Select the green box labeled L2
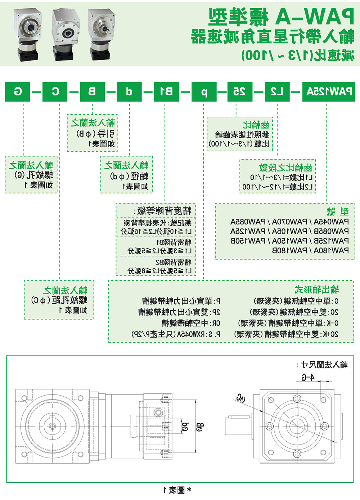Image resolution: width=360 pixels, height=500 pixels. pyautogui.click(x=277, y=92)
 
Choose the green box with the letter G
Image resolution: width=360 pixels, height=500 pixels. pyautogui.click(x=18, y=92)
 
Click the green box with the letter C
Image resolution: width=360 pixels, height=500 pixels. pyautogui.click(x=55, y=92)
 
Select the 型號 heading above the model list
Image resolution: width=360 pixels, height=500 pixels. pyautogui.click(x=338, y=211)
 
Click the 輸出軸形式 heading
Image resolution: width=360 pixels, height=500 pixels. pyautogui.click(x=316, y=289)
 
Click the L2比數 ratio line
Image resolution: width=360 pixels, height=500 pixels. pyautogui.click(x=277, y=187)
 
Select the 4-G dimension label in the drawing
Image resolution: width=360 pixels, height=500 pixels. pyautogui.click(x=308, y=377)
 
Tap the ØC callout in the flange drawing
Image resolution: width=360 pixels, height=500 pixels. pyautogui.click(x=241, y=398)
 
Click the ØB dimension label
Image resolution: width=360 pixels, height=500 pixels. pyautogui.click(x=200, y=427)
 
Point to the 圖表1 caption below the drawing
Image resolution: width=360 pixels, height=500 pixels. pyautogui.click(x=177, y=490)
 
